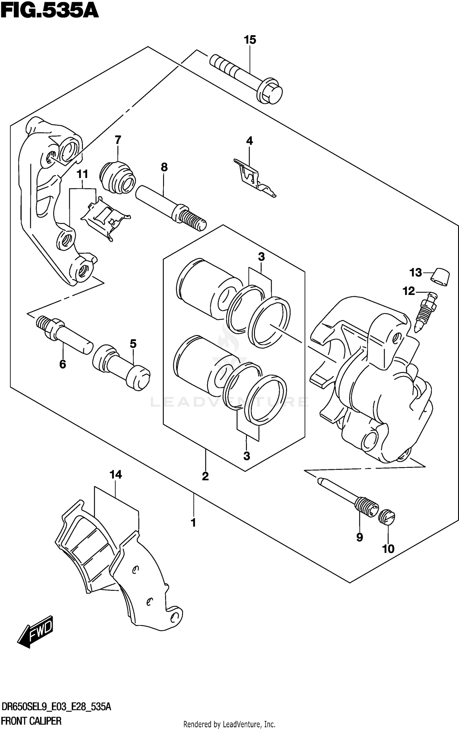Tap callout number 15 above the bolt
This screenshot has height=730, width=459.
coord(250,40)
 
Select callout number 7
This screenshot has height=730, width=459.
coord(118,140)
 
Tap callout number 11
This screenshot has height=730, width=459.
coord(82,174)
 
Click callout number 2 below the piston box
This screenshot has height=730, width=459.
coord(205,476)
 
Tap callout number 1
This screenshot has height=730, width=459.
coord(193,523)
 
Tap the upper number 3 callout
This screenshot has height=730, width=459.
coord(261,257)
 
